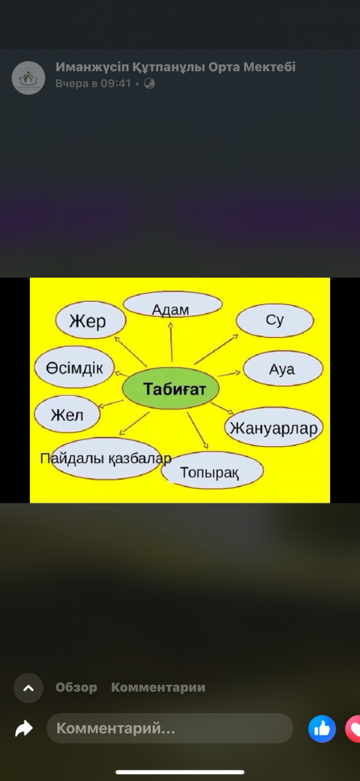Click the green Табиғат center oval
pos(171,388)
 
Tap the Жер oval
pos(90,321)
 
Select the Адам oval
pos(172,304)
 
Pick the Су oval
pos(275,320)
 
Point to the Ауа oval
pos(283,368)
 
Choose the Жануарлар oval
pos(275,427)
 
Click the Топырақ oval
pos(212,470)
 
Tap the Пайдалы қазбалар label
pos(106,458)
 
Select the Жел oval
pos(67,414)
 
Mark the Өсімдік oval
pos(75,367)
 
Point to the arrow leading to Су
pos(217,349)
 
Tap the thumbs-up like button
pos(322,728)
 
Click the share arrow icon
pos(24,728)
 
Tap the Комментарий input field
pos(170,728)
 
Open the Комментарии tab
pos(158,687)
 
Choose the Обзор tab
pos(76,687)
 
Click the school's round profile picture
pos(28,78)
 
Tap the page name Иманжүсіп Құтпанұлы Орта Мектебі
pos(175,67)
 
